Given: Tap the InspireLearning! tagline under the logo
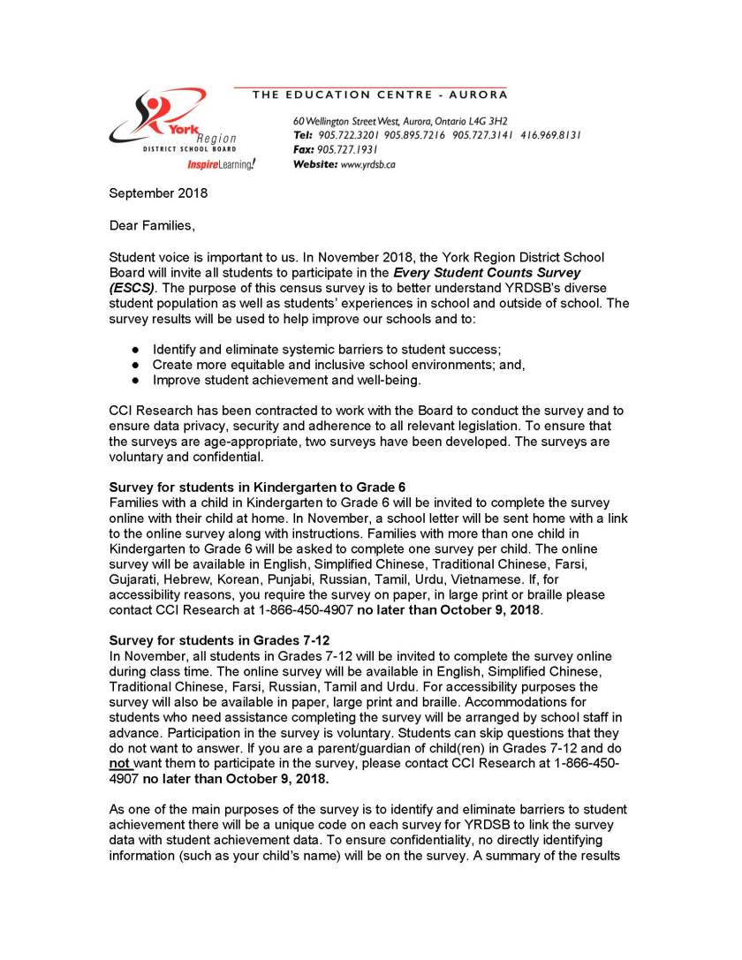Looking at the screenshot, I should tap(221, 164).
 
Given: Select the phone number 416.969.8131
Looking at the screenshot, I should tap(550, 135).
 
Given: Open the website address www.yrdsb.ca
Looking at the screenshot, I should tap(356, 164).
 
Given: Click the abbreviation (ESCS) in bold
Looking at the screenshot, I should tap(132, 287).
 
